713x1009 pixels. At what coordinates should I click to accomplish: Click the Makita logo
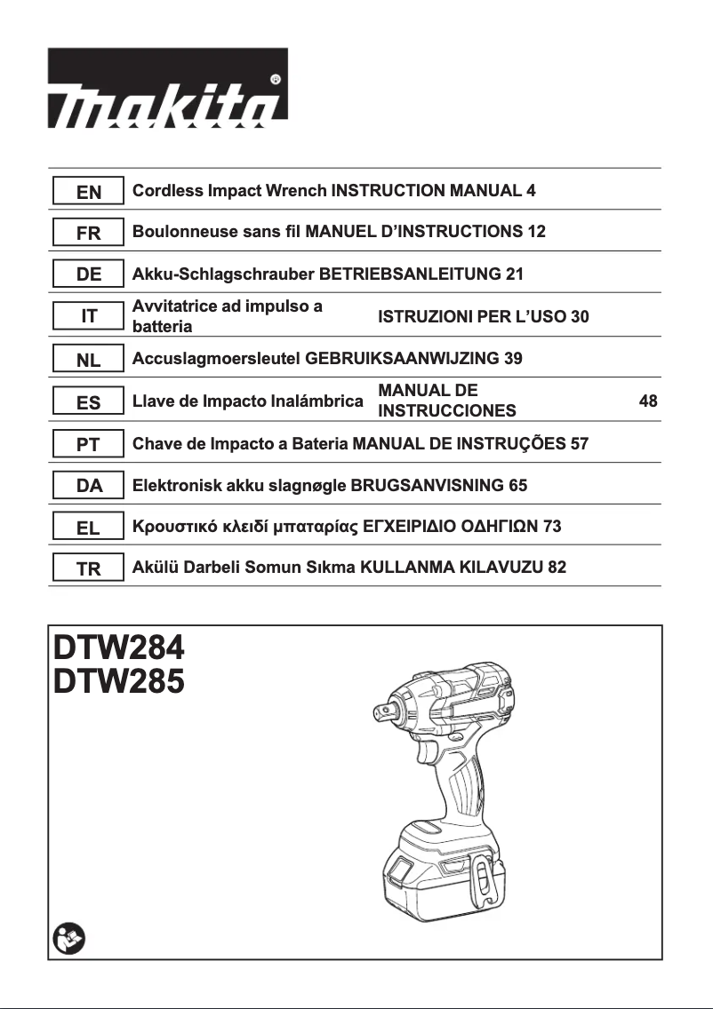(167, 86)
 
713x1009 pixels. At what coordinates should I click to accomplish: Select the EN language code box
(88, 191)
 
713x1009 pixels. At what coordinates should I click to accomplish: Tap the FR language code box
(88, 233)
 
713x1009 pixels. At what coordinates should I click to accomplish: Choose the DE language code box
(88, 274)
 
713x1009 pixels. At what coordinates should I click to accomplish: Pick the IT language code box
(88, 316)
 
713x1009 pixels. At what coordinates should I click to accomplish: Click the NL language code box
(88, 360)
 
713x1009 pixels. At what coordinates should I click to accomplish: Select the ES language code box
(88, 402)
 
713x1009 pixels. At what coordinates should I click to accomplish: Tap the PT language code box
(88, 444)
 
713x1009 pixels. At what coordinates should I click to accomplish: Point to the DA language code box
(88, 486)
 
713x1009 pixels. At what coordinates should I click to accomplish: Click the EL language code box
(88, 528)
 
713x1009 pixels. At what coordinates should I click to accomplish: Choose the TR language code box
(88, 568)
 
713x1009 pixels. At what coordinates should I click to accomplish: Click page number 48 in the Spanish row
(648, 401)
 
